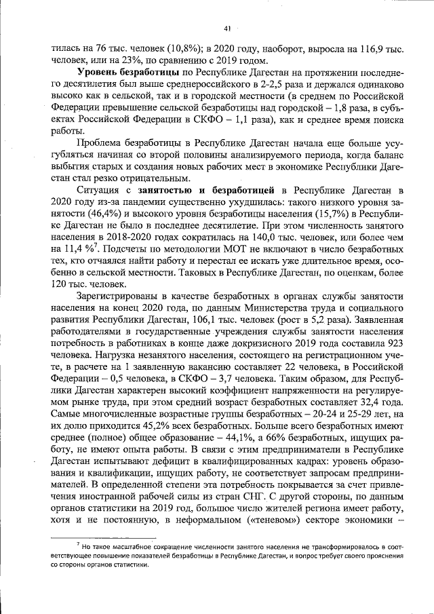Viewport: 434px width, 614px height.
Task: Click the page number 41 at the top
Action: [x=227, y=28]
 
